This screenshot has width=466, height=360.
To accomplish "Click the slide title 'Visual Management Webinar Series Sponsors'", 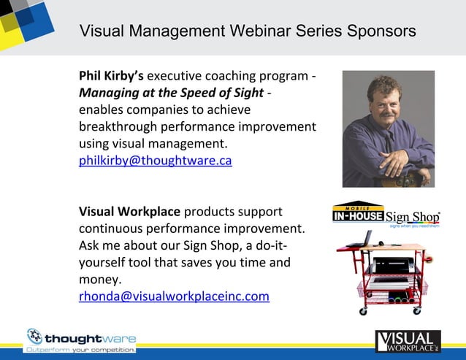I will [x=248, y=31].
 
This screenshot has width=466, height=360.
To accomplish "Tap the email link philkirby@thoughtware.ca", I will [x=155, y=161].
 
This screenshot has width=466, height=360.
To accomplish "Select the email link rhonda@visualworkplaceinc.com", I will [x=174, y=296].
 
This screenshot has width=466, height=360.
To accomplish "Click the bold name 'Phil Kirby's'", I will [x=111, y=76].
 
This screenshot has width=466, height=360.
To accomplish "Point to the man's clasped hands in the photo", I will [x=399, y=165].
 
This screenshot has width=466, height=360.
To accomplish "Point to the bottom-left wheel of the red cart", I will [x=362, y=310].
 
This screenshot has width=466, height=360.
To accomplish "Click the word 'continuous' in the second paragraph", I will [x=112, y=229].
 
